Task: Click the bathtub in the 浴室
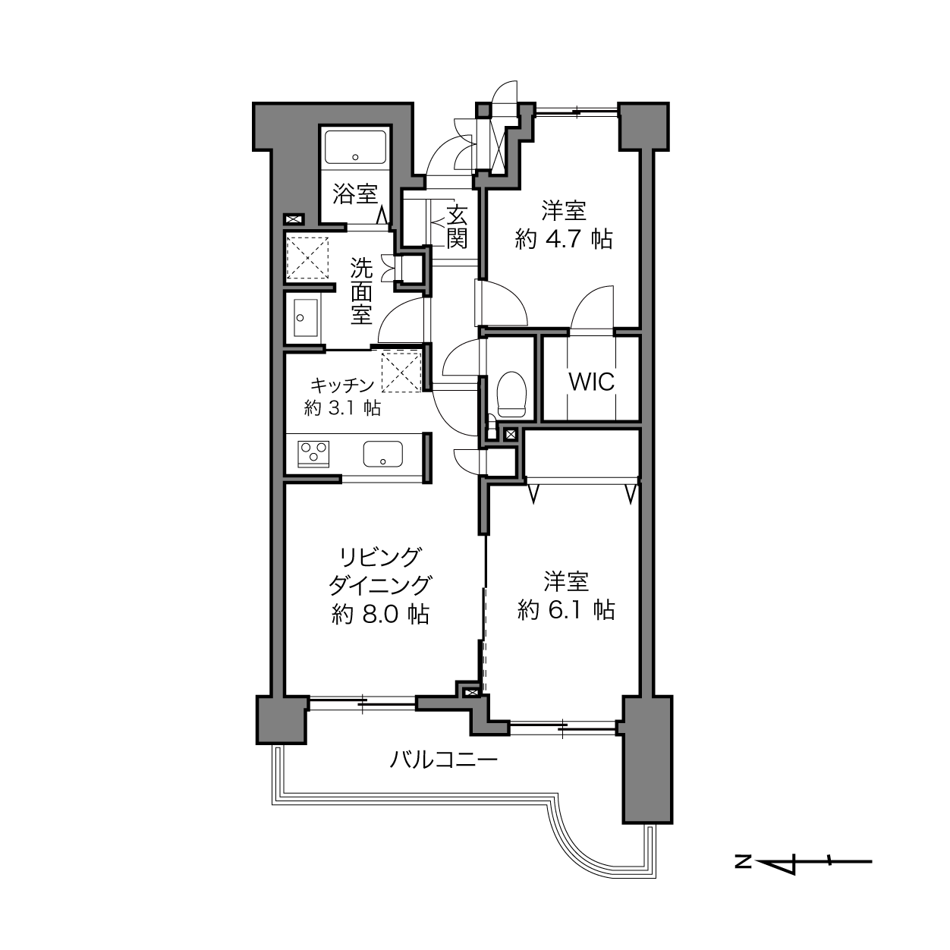click(355, 147)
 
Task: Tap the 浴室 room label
click(355, 193)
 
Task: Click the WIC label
click(592, 382)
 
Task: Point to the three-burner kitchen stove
click(313, 454)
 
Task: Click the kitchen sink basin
click(383, 454)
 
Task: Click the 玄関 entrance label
click(457, 227)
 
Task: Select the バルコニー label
click(444, 760)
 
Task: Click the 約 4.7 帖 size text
click(564, 240)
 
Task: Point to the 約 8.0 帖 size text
click(380, 615)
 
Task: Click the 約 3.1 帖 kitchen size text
click(343, 407)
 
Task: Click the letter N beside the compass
click(743, 862)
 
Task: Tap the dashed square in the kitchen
click(401, 371)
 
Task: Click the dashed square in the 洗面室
click(307, 258)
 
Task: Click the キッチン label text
click(342, 385)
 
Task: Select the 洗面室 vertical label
click(361, 292)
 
